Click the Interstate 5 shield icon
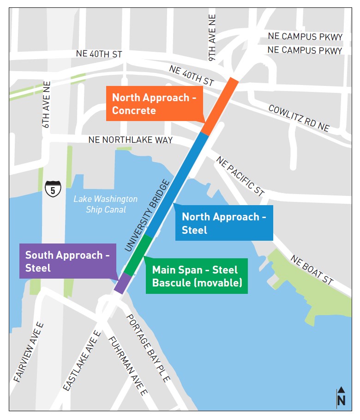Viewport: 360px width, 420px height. pyautogui.click(x=53, y=189)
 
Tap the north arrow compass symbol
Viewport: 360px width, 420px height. pyautogui.click(x=341, y=397)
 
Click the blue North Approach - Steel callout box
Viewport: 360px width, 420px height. pyautogui.click(x=224, y=223)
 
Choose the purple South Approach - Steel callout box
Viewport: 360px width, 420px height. pyautogui.click(x=67, y=261)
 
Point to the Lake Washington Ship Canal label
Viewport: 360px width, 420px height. pyautogui.click(x=105, y=204)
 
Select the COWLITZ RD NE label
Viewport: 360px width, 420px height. pyautogui.click(x=299, y=118)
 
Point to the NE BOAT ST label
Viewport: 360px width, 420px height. pyautogui.click(x=312, y=270)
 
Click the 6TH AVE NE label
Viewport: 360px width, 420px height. pyautogui.click(x=46, y=105)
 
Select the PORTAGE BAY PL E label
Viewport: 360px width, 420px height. pyautogui.click(x=149, y=348)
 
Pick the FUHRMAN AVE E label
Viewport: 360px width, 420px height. pyautogui.click(x=128, y=366)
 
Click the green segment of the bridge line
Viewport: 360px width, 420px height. pyautogui.click(x=138, y=255)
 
